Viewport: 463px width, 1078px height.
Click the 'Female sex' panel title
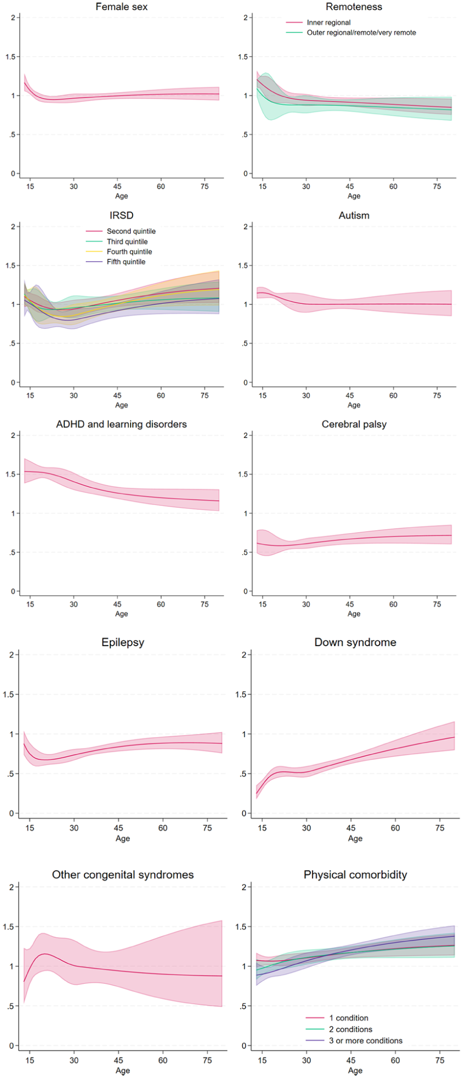(121, 7)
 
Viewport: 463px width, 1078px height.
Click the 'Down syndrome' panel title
(355, 642)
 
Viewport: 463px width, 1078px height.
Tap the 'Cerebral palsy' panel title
(354, 424)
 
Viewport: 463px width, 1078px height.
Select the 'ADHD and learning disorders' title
(121, 424)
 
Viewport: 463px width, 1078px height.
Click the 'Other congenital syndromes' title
(123, 875)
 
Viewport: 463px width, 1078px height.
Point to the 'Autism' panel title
(354, 215)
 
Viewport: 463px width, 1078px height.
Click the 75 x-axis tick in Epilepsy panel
(208, 828)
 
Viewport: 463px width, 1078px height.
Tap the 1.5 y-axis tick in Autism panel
(243, 266)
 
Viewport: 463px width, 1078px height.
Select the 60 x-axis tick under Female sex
(161, 186)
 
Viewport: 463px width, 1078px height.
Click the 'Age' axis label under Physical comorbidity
(355, 1070)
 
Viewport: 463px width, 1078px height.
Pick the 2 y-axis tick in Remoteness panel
(245, 18)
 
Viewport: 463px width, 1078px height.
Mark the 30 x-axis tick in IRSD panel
(73, 395)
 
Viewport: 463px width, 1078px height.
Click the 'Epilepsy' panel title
(123, 642)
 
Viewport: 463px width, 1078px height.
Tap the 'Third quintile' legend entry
(127, 242)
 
